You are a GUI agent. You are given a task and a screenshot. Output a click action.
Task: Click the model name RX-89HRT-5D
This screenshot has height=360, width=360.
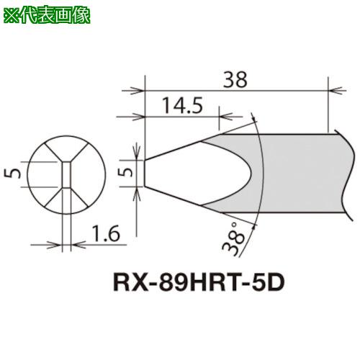pyautogui.click(x=199, y=282)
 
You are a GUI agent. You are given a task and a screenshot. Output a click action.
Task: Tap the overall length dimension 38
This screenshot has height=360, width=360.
pyautogui.click(x=235, y=80)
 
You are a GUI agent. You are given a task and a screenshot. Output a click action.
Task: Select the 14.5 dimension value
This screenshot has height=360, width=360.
pyautogui.click(x=183, y=105)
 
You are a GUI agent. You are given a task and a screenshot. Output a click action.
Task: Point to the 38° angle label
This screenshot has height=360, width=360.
pyautogui.click(x=233, y=238)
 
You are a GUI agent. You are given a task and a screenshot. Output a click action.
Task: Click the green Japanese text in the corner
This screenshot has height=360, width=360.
pyautogui.click(x=47, y=15)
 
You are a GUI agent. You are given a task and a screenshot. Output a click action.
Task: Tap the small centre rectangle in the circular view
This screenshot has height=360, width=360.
pyautogui.click(x=66, y=174)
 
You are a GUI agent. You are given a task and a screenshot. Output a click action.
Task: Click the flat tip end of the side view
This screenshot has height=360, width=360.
pyautogui.click(x=144, y=173)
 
